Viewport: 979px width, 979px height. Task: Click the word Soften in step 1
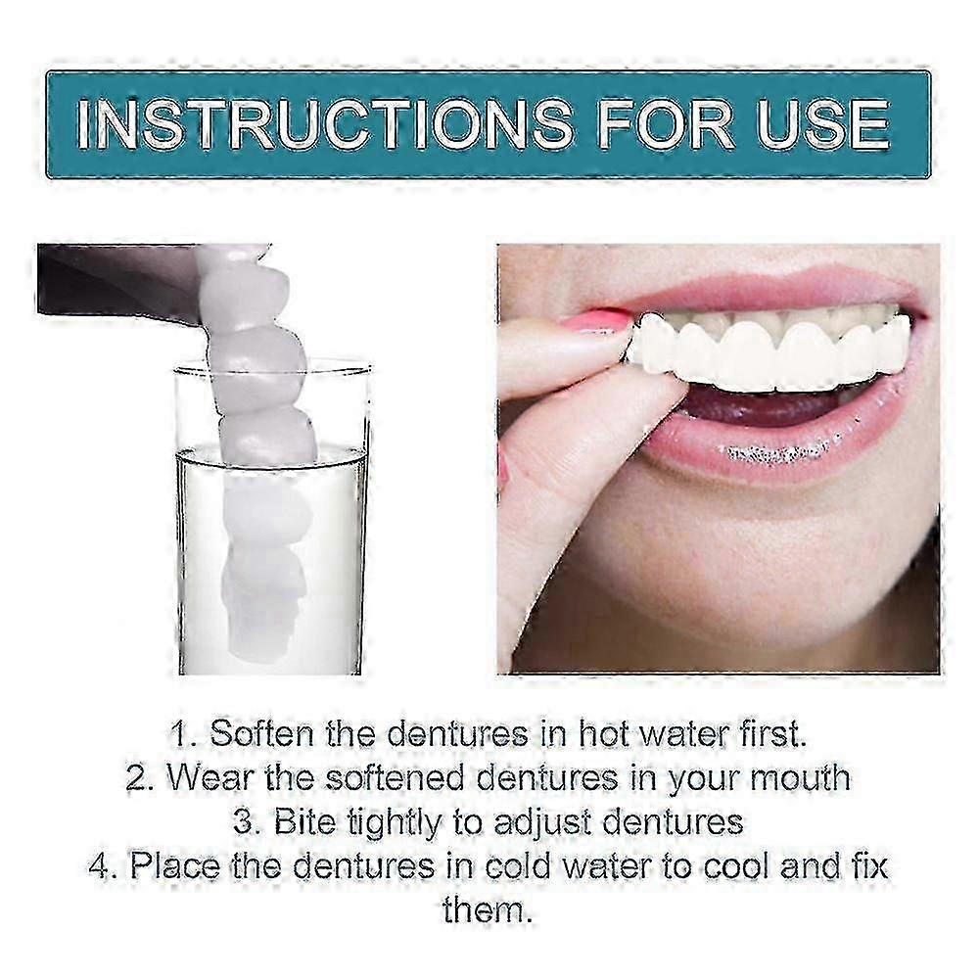coord(261,733)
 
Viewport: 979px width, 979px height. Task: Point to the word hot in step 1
coord(603,733)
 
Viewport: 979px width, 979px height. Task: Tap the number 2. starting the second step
coord(140,778)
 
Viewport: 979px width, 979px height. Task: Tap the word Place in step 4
coord(174,866)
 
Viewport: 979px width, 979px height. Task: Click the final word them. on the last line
coord(487,909)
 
